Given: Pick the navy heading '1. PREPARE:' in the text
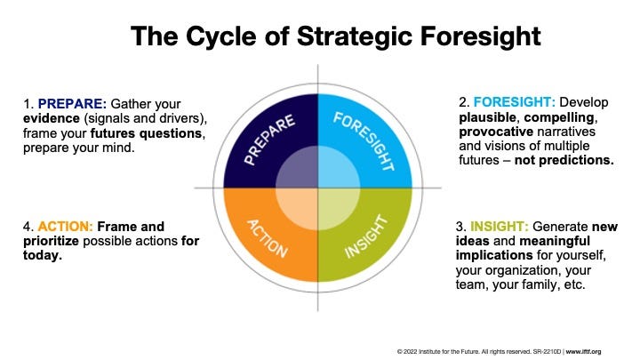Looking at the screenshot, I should [x=61, y=103].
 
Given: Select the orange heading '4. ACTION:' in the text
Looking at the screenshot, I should [x=55, y=227].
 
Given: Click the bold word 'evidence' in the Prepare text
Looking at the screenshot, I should [x=52, y=118].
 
